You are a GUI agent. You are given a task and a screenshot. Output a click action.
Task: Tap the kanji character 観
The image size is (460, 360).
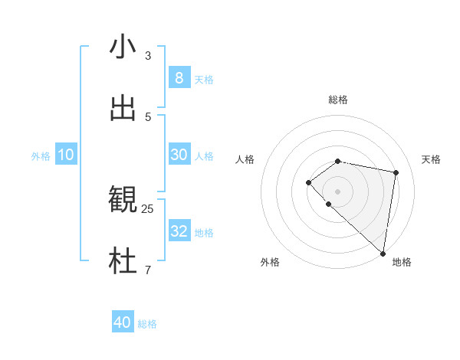point(123,201)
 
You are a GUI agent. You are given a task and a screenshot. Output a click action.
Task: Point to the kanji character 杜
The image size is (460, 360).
point(123,261)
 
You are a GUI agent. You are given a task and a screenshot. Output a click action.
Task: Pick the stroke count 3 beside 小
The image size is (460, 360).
point(148,55)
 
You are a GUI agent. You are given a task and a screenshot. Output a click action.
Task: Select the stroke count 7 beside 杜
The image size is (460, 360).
point(148,270)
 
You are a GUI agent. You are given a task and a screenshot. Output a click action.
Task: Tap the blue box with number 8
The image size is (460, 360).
point(179,77)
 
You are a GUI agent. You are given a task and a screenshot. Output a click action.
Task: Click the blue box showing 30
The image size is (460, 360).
point(179,155)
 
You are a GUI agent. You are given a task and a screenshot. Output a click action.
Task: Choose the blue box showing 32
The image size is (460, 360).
point(179,231)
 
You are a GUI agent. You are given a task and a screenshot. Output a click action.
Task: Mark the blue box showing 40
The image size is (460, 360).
point(123,322)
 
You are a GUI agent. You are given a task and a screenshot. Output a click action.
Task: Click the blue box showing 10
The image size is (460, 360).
point(66,155)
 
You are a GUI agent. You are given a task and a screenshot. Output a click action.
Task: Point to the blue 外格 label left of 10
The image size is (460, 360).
point(41,156)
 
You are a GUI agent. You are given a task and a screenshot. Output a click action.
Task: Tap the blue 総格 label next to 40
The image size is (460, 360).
point(147,324)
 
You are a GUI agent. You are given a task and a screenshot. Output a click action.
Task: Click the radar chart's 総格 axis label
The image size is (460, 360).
point(337,100)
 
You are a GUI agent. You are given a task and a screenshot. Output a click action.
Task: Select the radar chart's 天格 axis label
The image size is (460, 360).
point(432,159)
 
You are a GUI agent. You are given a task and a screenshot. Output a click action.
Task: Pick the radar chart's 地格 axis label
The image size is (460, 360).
point(402,262)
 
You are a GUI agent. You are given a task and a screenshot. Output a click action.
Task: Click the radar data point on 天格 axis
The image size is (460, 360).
point(396,172)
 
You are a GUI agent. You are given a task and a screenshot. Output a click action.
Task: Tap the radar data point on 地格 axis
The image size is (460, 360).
point(383,253)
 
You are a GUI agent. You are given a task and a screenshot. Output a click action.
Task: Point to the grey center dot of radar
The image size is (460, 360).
point(337,191)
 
